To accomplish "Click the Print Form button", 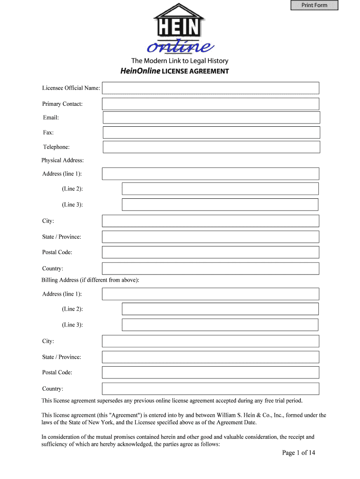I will pos(314,5).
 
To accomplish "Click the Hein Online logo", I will pos(180,29).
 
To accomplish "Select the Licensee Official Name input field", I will pos(210,88).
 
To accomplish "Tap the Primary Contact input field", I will pos(210,104).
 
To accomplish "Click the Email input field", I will pos(211,117).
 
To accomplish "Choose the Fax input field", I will pos(211,132).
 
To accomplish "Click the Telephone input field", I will pos(211,147).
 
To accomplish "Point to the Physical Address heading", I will pos(63,160).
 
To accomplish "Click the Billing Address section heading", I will pos(90,280).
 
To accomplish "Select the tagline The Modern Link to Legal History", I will pos(180,61).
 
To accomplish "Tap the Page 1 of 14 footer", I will pos(299,453).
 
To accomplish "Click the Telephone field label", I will pos(56,147).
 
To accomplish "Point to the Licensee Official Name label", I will pos(71,88).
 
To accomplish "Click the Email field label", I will pos(51,117).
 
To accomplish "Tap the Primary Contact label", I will pos(62,104).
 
